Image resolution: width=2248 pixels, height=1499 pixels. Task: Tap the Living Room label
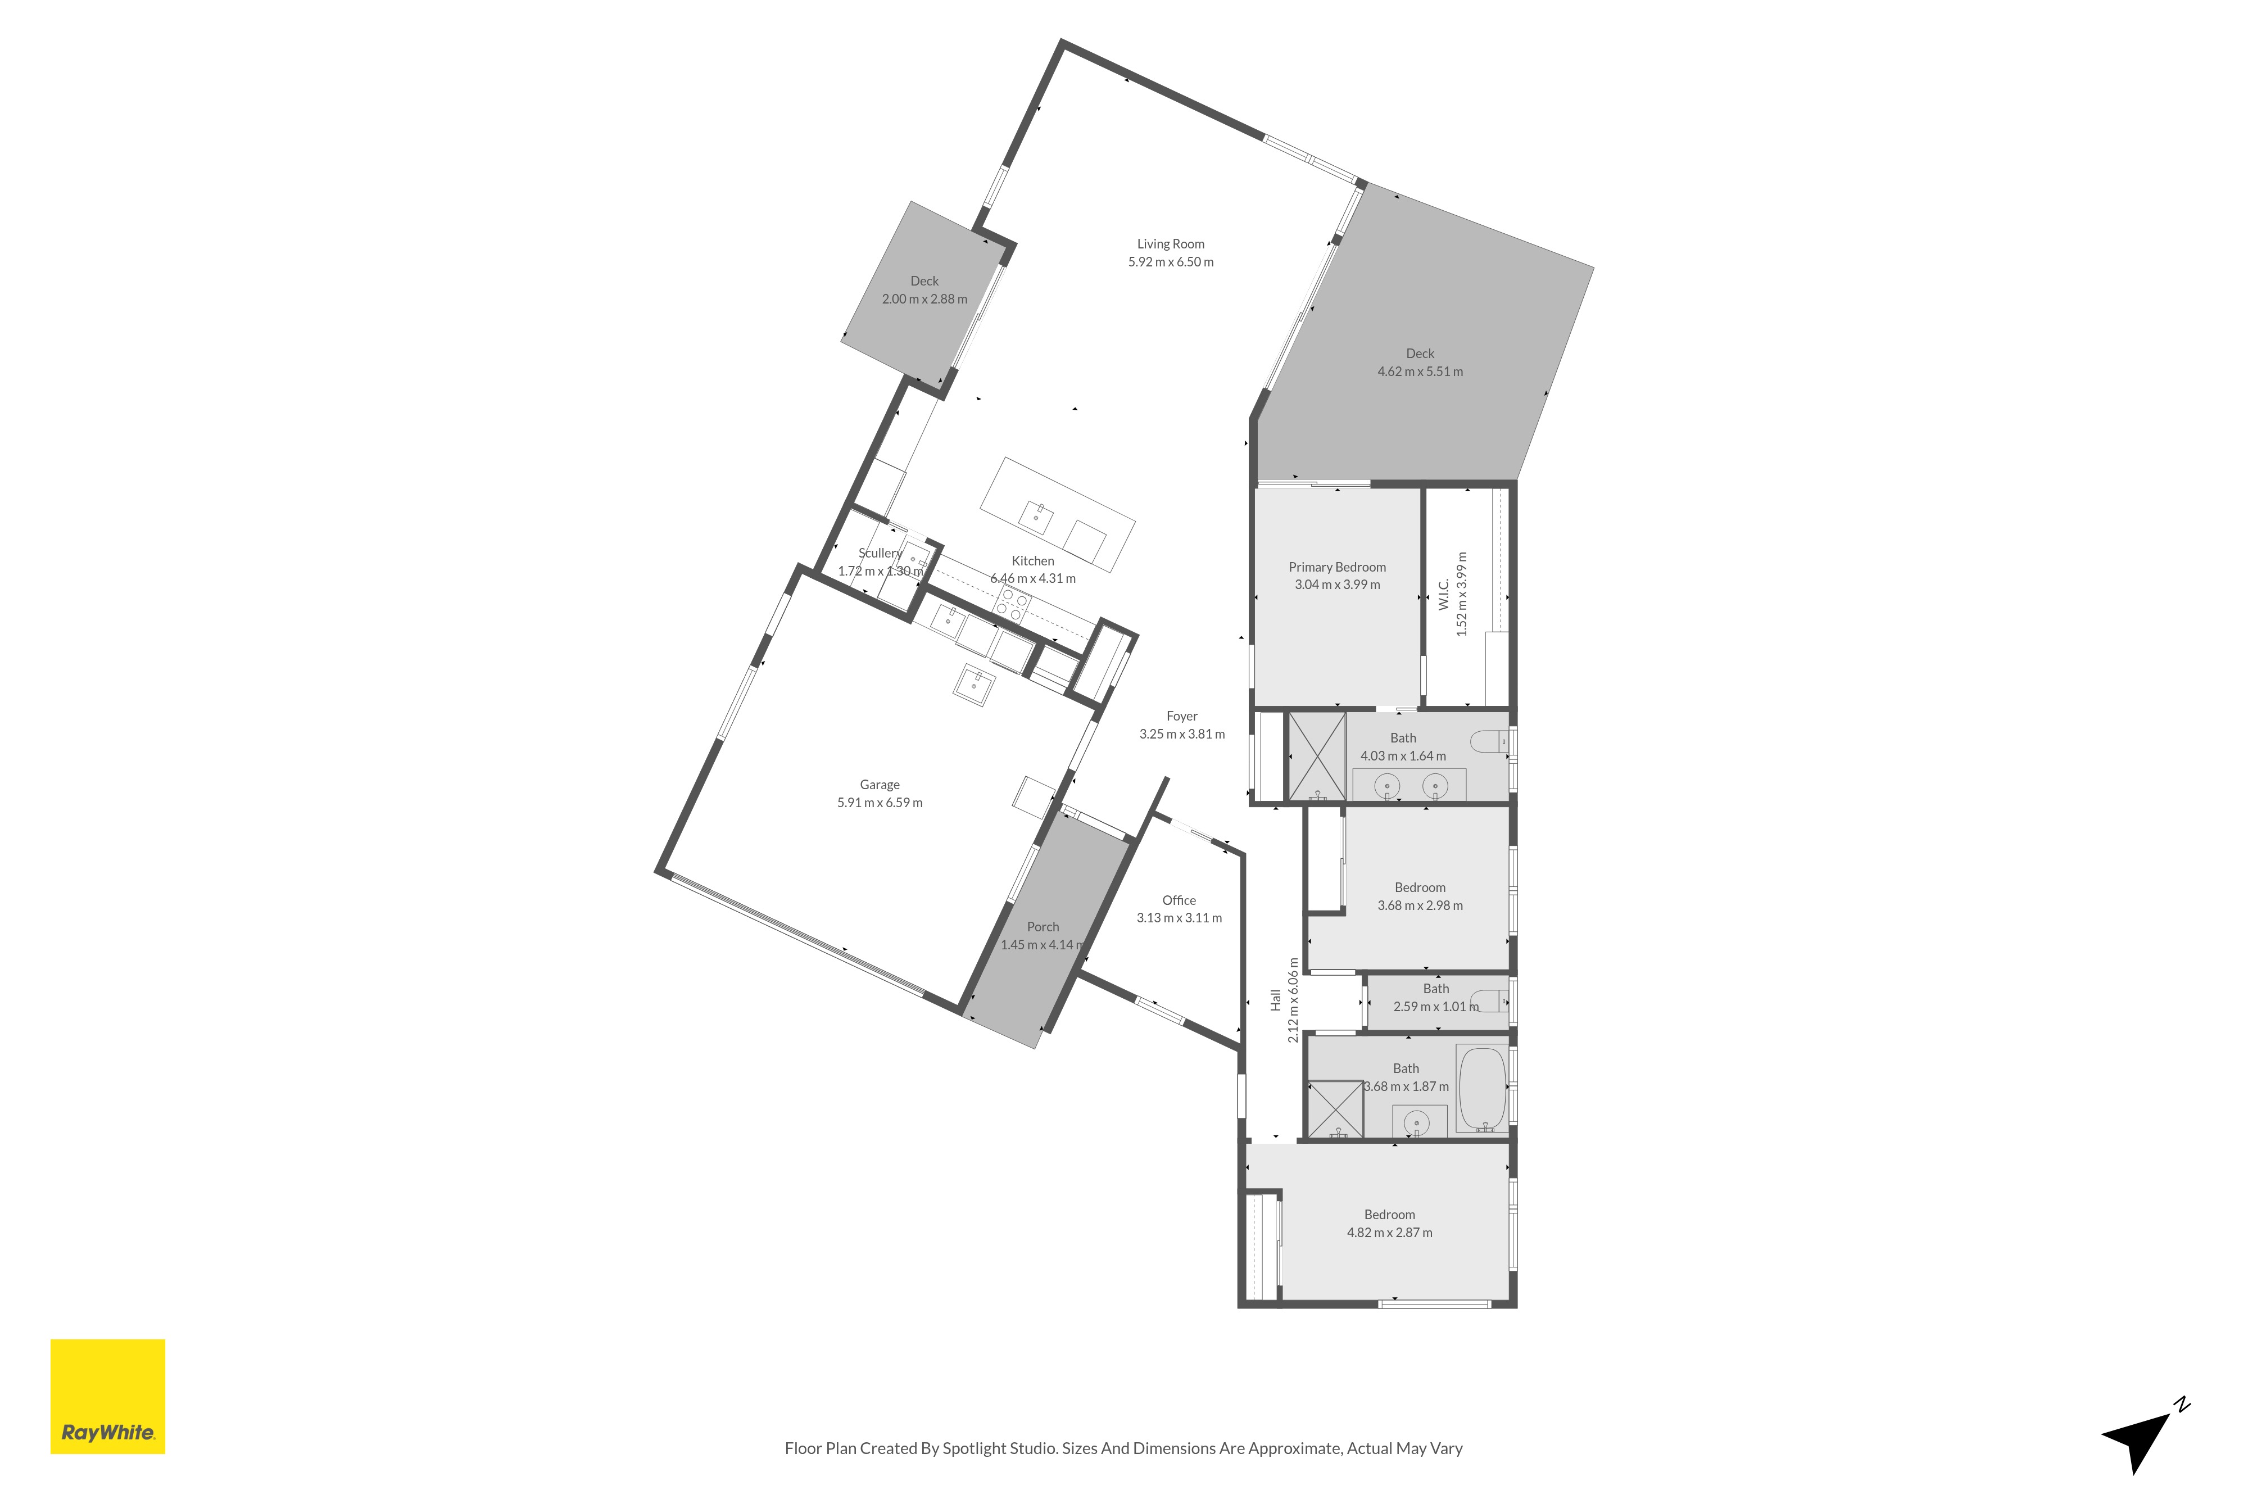click(x=1171, y=244)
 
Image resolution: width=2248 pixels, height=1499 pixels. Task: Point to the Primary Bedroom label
click(x=1337, y=567)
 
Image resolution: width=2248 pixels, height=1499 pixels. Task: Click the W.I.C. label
click(x=1444, y=594)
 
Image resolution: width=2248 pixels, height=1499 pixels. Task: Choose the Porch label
click(x=1043, y=926)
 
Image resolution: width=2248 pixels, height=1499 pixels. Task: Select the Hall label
click(x=1275, y=1000)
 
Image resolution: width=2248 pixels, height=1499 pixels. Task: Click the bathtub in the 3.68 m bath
click(x=1483, y=1090)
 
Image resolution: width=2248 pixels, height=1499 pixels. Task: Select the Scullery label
click(x=880, y=552)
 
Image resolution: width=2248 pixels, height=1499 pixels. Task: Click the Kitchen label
click(x=1033, y=561)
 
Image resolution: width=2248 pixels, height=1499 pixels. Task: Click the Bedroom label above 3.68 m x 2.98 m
click(x=1420, y=887)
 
